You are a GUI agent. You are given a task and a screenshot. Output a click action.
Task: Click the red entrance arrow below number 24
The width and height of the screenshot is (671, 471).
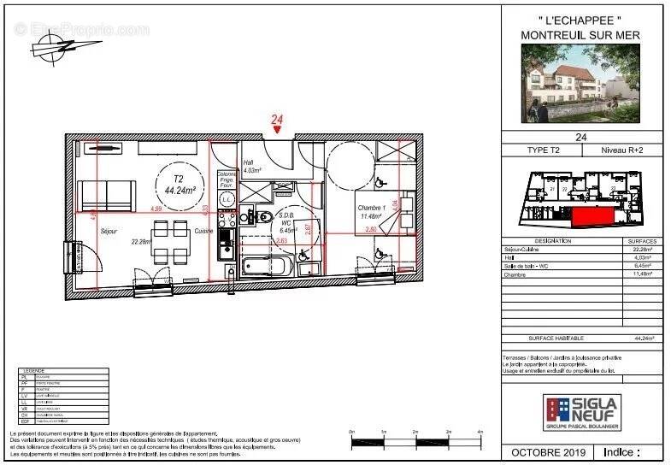click(x=277, y=131)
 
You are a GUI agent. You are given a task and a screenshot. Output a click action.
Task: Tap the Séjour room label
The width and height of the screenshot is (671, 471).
click(x=109, y=231)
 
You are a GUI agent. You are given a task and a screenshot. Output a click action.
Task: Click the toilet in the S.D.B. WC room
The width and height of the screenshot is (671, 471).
click(x=266, y=217)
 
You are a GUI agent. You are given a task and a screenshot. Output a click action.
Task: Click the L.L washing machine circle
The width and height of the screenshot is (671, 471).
click(x=227, y=199)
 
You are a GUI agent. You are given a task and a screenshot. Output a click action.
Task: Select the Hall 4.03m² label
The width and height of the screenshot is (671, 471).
click(x=250, y=167)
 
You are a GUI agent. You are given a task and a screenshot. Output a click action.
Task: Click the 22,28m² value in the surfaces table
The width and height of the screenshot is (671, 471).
click(x=641, y=249)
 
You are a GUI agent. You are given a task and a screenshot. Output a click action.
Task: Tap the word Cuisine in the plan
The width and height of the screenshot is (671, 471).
click(x=203, y=231)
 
